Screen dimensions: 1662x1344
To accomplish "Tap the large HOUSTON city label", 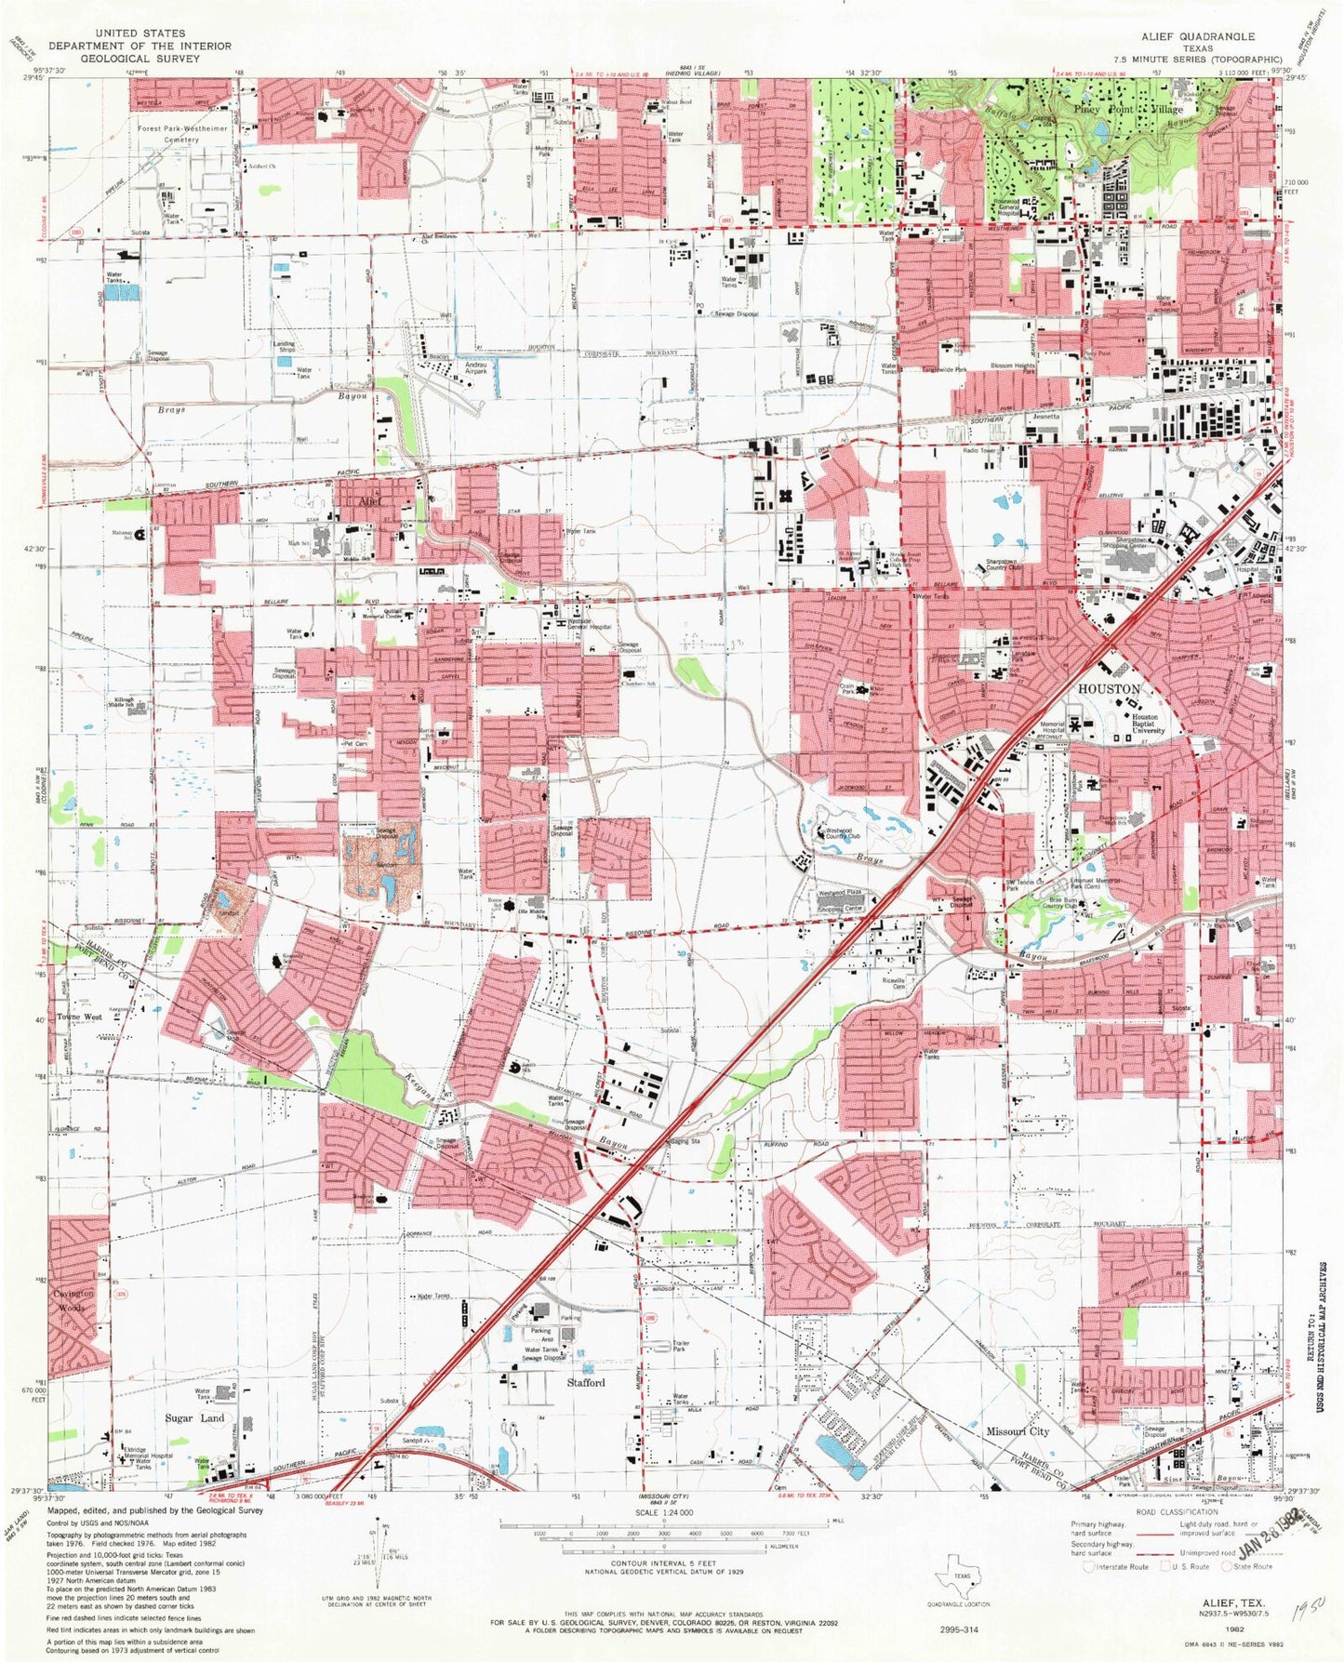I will click(1108, 689).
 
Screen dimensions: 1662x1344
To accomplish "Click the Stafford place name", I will click(586, 1383).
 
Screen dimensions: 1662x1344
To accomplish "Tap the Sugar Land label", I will click(194, 1418).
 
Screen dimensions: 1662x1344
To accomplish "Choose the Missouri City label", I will click(1018, 1431).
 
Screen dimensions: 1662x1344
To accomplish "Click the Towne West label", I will click(80, 1017).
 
